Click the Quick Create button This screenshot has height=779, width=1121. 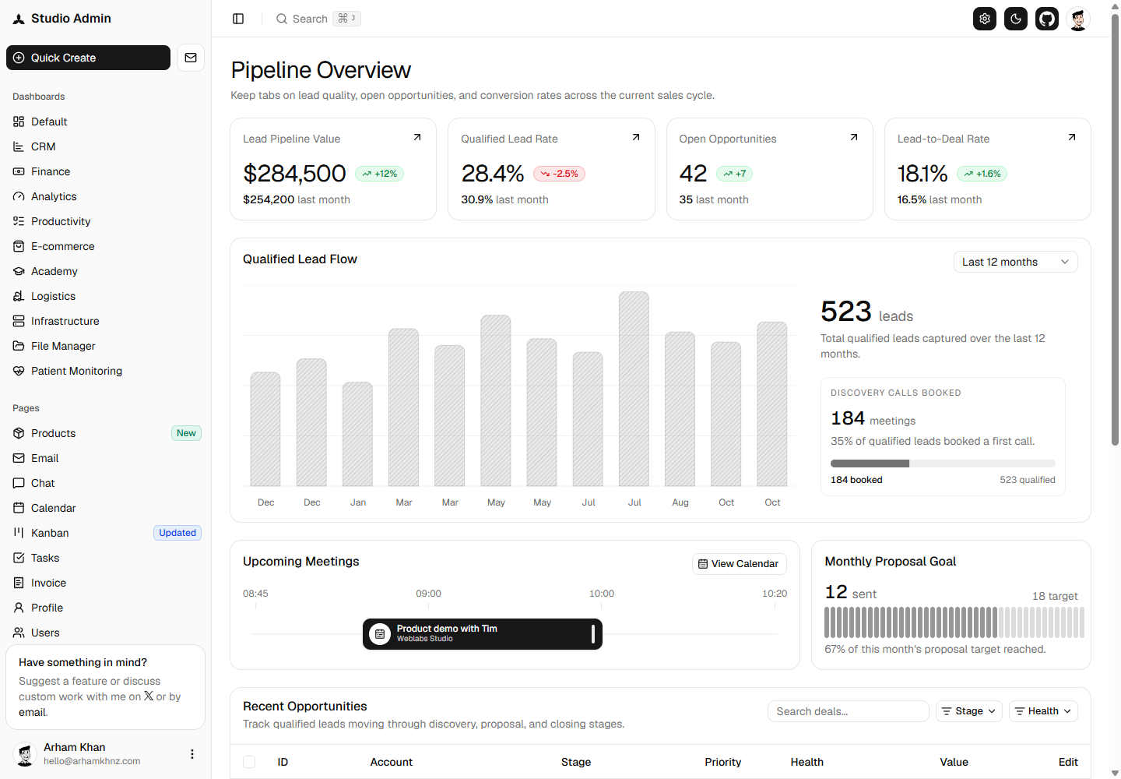pyautogui.click(x=88, y=58)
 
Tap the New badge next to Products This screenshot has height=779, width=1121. pyautogui.click(x=186, y=433)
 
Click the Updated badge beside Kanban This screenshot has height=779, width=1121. pyautogui.click(x=177, y=533)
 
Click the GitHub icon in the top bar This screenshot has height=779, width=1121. pyautogui.click(x=1047, y=19)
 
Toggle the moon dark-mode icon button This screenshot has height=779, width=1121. pyautogui.click(x=1016, y=19)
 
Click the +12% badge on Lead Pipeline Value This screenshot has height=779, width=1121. pyautogui.click(x=380, y=174)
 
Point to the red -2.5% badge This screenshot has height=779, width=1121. pyautogui.click(x=559, y=174)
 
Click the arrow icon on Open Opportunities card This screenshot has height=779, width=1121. pyautogui.click(x=854, y=137)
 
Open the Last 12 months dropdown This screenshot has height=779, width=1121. pyautogui.click(x=1015, y=262)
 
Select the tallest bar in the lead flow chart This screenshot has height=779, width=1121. pyautogui.click(x=634, y=389)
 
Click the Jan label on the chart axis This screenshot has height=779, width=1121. pyautogui.click(x=358, y=502)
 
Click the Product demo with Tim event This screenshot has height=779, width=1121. pyautogui.click(x=483, y=634)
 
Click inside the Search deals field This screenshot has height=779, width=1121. pyautogui.click(x=849, y=711)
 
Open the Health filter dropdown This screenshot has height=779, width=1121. pyautogui.click(x=1043, y=711)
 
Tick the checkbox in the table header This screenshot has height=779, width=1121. pyautogui.click(x=249, y=762)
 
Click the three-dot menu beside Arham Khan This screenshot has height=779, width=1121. pyautogui.click(x=192, y=754)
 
